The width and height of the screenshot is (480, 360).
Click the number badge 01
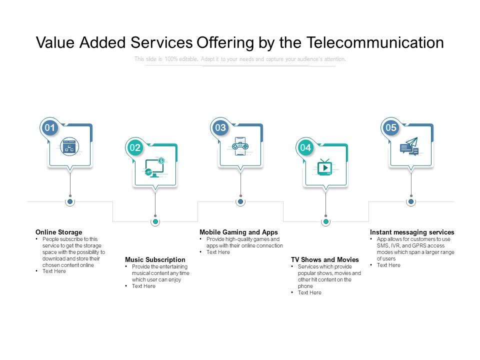pyautogui.click(x=50, y=127)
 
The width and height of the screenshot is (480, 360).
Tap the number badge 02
pyautogui.click(x=135, y=147)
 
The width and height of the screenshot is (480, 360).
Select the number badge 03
pyautogui.click(x=220, y=127)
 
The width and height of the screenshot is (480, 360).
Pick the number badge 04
pyautogui.click(x=305, y=147)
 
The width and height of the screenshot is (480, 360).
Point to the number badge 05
pyautogui.click(x=391, y=127)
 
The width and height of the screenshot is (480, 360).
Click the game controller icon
pyautogui.click(x=240, y=145)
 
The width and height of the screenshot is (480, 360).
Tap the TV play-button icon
pyautogui.click(x=325, y=167)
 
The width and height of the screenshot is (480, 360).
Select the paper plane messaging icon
pyautogui.click(x=409, y=146)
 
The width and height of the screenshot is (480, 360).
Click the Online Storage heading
pyautogui.click(x=59, y=232)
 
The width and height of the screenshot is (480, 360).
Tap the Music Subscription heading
pyautogui.click(x=155, y=259)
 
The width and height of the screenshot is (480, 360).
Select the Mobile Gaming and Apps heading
pyautogui.click(x=238, y=232)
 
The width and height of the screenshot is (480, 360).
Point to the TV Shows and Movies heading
pyautogui.click(x=325, y=259)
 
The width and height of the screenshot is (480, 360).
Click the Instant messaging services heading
pyautogui.click(x=412, y=232)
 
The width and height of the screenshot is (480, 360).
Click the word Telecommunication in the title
pyautogui.click(x=375, y=43)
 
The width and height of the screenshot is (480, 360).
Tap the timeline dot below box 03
pyautogui.click(x=240, y=201)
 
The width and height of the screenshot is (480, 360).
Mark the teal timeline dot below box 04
pyautogui.click(x=325, y=221)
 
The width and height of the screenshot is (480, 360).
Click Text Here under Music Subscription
pyautogui.click(x=143, y=286)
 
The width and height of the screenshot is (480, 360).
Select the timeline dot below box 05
pyautogui.click(x=411, y=201)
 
